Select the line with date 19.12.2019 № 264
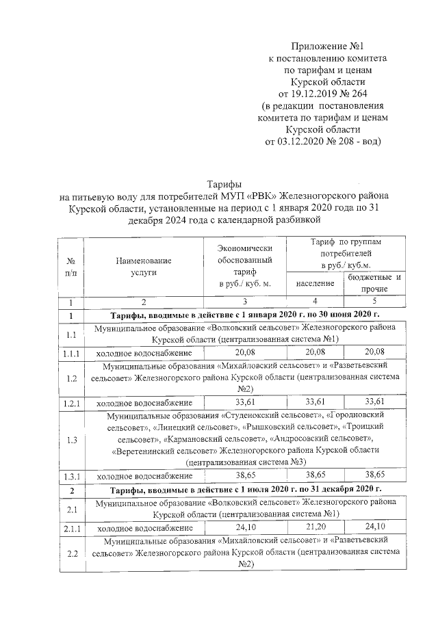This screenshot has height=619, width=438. [x=324, y=94]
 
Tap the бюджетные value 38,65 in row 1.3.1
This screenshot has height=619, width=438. [x=374, y=475]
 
